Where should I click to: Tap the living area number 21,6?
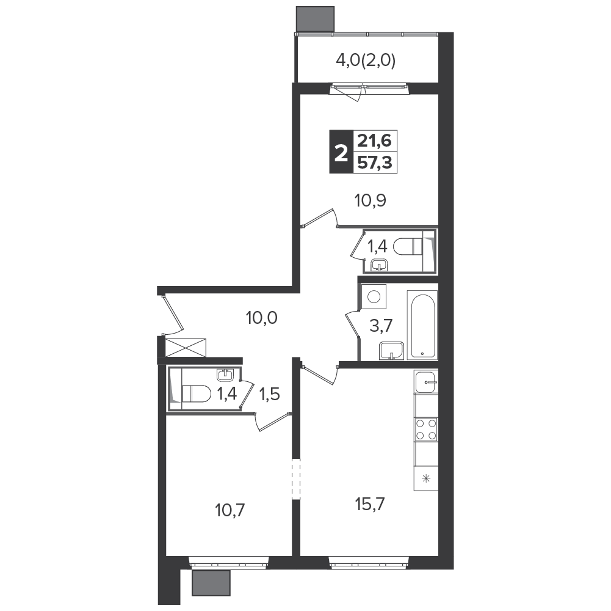[x=374, y=140]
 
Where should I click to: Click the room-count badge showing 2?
[x=341, y=152]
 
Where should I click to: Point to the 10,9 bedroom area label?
[x=370, y=200]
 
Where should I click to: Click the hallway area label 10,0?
[x=261, y=318]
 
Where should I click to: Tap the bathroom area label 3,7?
[x=381, y=325]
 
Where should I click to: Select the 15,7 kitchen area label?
[x=370, y=505]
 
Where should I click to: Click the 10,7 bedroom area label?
[x=230, y=510]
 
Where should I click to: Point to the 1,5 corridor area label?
[x=270, y=395]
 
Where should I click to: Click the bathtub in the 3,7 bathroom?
[x=422, y=324]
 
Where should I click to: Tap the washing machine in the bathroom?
[x=374, y=297]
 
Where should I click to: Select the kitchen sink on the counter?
[x=426, y=382]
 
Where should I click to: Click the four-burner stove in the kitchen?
[x=426, y=429]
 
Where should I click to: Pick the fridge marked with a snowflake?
[x=426, y=478]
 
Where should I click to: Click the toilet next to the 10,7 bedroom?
[x=196, y=393]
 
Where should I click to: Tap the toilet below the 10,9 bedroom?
[x=408, y=247]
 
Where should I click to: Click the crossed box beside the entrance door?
[x=186, y=347]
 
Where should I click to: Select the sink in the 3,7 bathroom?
[x=392, y=350]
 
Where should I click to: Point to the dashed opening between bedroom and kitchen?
[x=297, y=479]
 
